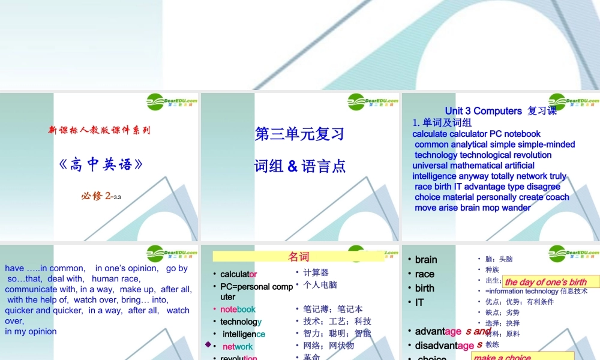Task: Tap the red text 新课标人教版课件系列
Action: [100, 130]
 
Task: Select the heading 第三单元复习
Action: [299, 134]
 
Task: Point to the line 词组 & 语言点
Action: [299, 166]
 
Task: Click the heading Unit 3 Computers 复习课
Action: [500, 111]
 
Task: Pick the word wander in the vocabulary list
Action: [516, 208]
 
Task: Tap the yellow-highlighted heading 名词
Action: [298, 257]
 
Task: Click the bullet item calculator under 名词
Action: [238, 274]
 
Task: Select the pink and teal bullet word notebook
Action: [238, 310]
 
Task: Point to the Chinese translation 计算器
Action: [316, 273]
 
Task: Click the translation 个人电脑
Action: [320, 285]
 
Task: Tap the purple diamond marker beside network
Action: [208, 344]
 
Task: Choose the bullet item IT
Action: [419, 302]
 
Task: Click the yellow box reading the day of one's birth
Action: [545, 282]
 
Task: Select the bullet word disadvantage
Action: [445, 346]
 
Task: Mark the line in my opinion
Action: [31, 331]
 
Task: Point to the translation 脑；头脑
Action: [499, 259]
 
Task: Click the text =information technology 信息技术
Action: [536, 292]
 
